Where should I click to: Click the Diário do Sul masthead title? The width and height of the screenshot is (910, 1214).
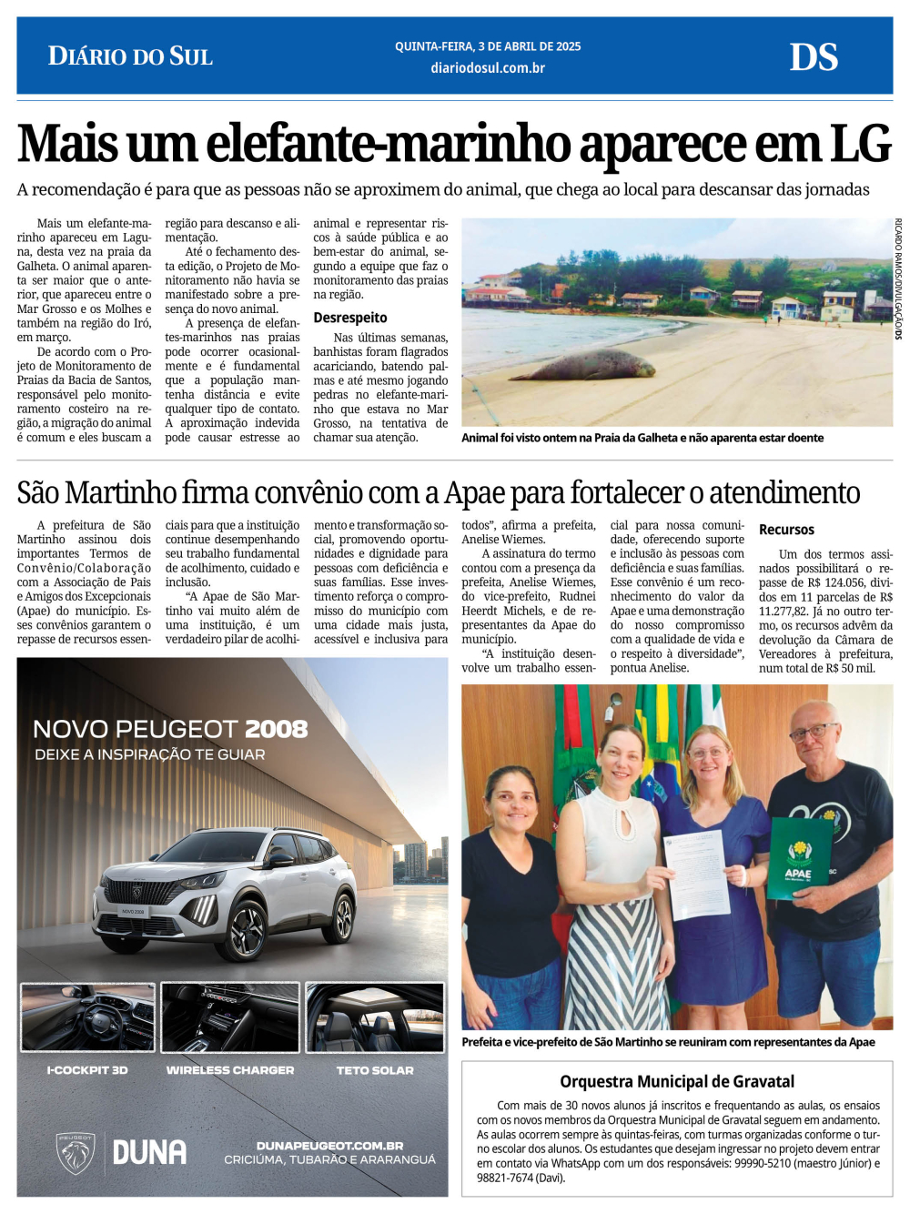tap(130, 56)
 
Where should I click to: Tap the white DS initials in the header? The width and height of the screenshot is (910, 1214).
tap(813, 57)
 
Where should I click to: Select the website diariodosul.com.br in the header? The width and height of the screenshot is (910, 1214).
tap(488, 68)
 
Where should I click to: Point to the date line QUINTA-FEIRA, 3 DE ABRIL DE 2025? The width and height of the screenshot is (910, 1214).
tap(488, 46)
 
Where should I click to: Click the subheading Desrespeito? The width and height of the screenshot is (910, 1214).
tap(350, 318)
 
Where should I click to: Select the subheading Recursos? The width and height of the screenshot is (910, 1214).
tap(786, 530)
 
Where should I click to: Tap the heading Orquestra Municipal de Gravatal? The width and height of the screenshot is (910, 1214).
tap(677, 1081)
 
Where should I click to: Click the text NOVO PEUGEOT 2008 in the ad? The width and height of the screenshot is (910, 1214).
tap(170, 729)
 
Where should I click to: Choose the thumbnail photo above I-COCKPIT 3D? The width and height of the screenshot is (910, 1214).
tap(87, 1017)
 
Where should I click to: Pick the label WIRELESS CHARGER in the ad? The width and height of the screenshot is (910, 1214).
tap(230, 1070)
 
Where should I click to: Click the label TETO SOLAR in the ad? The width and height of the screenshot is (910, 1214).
tap(375, 1070)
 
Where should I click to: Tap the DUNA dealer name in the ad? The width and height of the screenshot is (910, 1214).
tap(149, 1152)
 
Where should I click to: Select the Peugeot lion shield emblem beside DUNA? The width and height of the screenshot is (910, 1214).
tap(76, 1153)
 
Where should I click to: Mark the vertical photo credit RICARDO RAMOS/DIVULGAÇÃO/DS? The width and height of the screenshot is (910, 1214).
tap(898, 278)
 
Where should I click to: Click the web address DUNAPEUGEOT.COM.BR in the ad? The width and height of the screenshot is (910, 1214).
tap(329, 1146)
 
